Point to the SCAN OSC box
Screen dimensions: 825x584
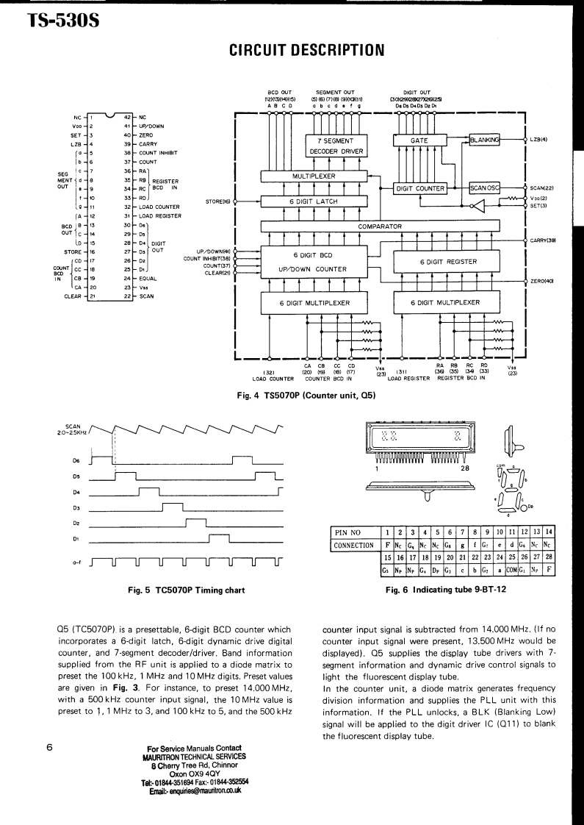click(484, 188)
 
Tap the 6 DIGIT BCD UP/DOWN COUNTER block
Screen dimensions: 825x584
click(314, 261)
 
